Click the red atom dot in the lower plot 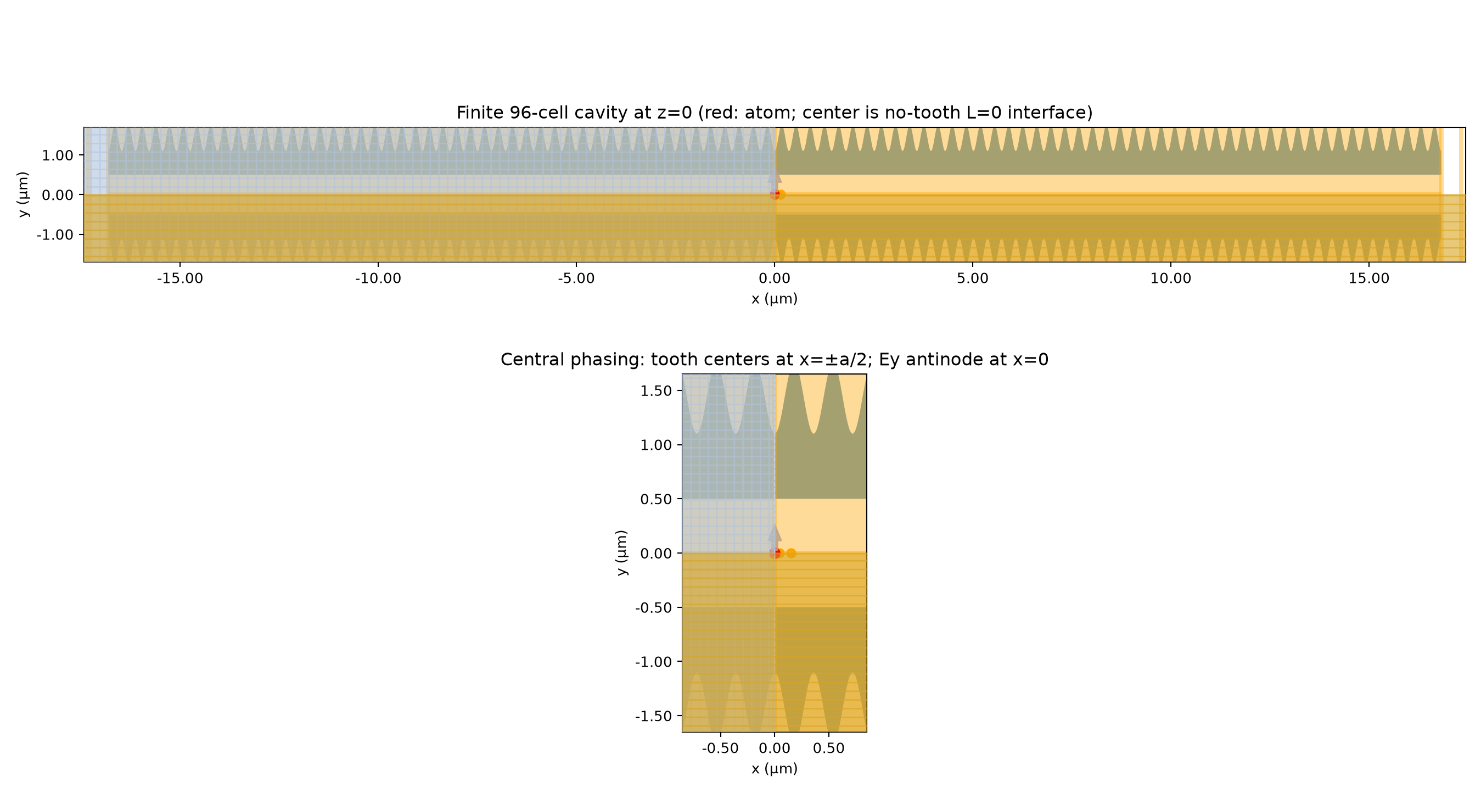tap(775, 553)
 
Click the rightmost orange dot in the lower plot tap(791, 553)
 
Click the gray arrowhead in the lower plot tap(775, 533)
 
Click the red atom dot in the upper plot tap(775, 194)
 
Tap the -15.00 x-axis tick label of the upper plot tap(180, 279)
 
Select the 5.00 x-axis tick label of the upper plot tap(973, 279)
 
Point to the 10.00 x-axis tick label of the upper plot tap(1170, 279)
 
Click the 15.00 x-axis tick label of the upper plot tap(1369, 279)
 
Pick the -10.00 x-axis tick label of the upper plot tap(378, 279)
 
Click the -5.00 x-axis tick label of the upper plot tap(576, 279)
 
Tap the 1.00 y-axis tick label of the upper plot tap(58, 155)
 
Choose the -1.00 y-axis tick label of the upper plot tap(55, 234)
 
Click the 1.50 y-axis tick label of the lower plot tap(656, 391)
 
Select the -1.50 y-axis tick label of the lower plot tap(654, 717)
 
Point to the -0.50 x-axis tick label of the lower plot tap(720, 749)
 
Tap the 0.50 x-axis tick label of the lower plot tap(828, 749)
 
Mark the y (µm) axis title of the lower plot tap(622, 553)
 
